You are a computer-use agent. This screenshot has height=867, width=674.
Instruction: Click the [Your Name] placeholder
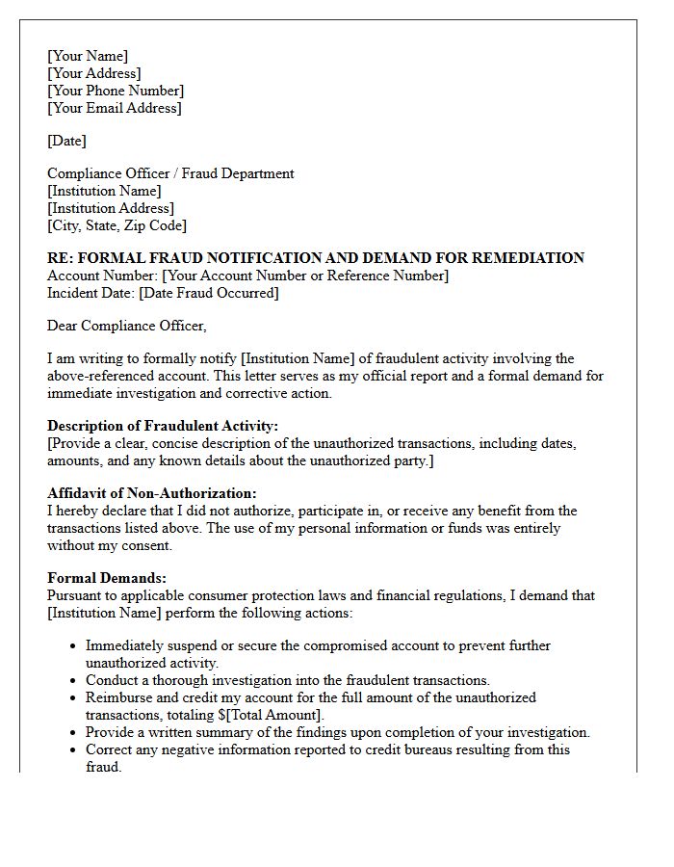(x=87, y=56)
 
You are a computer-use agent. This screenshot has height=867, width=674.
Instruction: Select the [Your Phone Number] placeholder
(x=116, y=91)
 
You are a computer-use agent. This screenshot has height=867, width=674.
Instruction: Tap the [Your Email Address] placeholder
(x=114, y=108)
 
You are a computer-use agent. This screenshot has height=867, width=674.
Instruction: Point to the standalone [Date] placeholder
(x=66, y=141)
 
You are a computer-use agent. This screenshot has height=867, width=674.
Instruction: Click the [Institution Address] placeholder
(x=111, y=208)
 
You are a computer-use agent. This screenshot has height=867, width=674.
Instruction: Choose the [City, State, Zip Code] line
(x=117, y=225)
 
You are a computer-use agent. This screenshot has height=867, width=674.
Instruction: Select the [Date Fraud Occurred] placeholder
(x=209, y=293)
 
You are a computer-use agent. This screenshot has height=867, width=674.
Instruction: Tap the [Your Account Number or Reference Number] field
(x=305, y=276)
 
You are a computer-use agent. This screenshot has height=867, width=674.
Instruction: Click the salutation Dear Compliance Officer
(x=126, y=326)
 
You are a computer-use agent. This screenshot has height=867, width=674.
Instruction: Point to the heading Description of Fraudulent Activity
(x=162, y=426)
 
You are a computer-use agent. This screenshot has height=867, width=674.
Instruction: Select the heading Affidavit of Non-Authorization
(x=152, y=493)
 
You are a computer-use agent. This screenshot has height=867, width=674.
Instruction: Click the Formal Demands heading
(x=107, y=578)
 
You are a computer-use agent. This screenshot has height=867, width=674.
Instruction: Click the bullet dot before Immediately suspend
(x=73, y=646)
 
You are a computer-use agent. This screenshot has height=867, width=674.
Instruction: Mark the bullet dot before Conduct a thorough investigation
(x=73, y=681)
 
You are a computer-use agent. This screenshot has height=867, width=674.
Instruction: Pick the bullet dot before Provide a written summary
(x=73, y=733)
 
